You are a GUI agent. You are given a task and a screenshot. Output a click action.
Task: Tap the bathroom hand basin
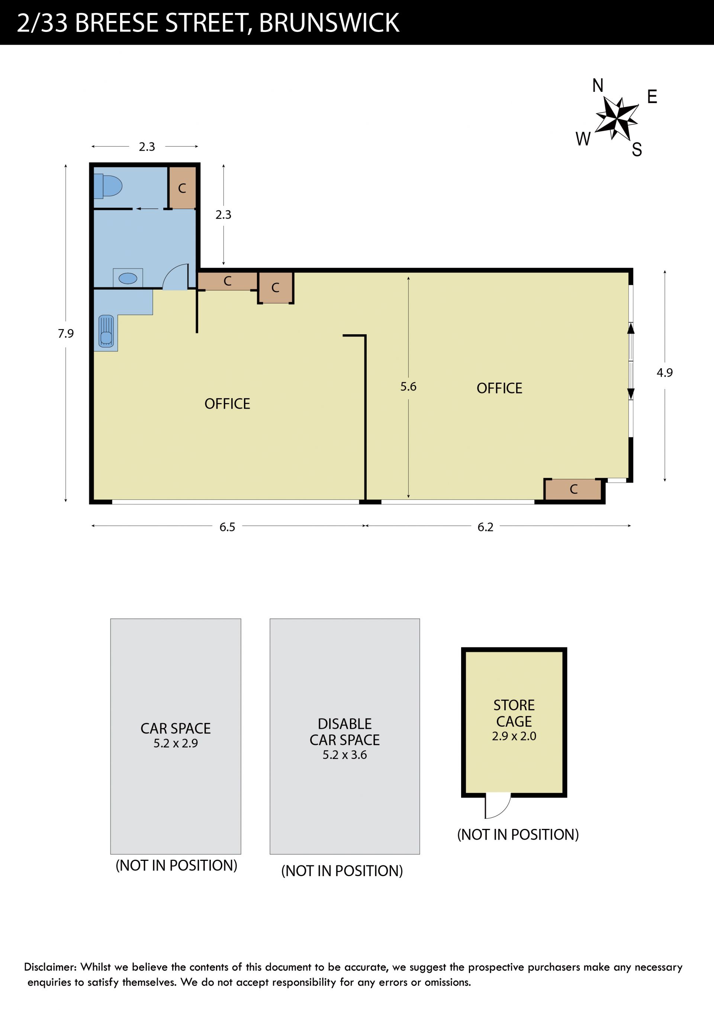128,278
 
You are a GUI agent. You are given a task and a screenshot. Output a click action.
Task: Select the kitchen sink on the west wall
106,331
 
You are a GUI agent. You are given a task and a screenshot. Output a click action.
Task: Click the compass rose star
616,118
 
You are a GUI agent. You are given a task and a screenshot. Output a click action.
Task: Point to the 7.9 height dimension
65,334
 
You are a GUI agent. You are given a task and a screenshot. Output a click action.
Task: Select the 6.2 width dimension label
485,527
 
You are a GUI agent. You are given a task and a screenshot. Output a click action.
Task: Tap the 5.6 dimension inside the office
408,387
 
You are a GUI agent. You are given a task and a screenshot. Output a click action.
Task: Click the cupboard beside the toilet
182,188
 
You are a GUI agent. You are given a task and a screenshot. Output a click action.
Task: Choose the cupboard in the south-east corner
573,489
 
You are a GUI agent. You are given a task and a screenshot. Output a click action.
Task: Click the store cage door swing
498,806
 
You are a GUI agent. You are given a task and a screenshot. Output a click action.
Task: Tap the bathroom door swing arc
175,277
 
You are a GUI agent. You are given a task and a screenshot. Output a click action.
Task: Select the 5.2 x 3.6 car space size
344,755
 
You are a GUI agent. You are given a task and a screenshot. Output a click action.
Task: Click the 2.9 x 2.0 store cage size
514,736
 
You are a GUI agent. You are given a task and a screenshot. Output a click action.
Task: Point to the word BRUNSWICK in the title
329,23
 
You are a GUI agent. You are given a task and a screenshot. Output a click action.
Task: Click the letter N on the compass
598,85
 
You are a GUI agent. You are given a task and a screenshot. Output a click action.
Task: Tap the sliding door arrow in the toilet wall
147,209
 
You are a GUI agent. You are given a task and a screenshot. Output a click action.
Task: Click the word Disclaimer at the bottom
50,967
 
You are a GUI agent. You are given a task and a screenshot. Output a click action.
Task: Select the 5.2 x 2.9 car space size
176,743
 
